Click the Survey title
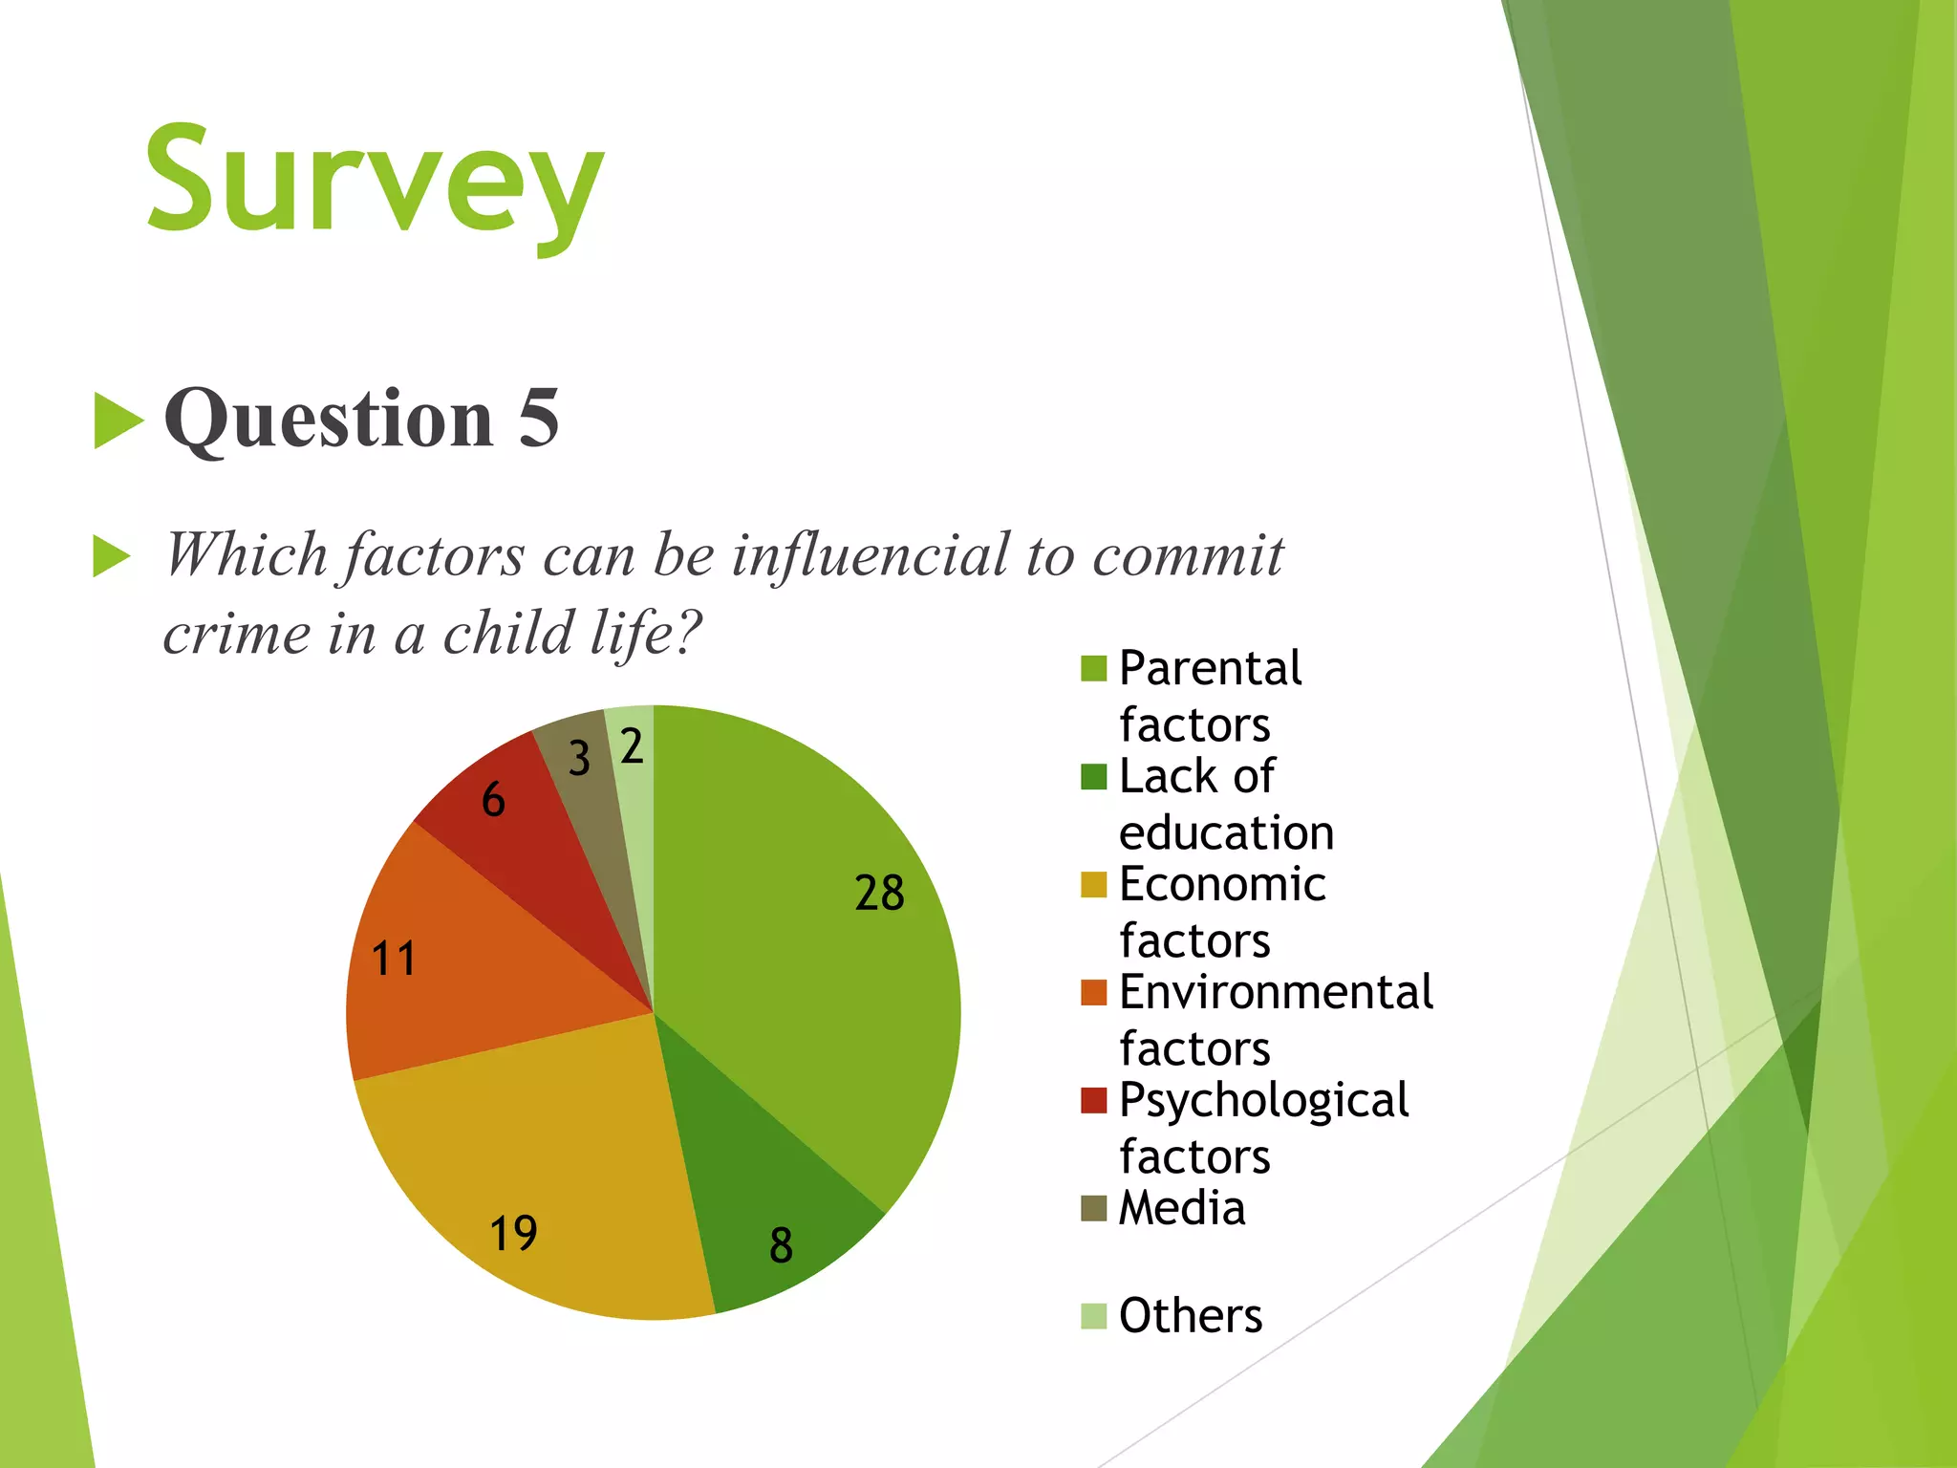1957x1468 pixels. (x=375, y=182)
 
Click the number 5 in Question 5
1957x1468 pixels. (x=539, y=419)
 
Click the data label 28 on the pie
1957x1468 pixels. (x=879, y=893)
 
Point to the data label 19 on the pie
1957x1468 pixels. (x=513, y=1233)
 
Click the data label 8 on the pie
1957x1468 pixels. (x=781, y=1245)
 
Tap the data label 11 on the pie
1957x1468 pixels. (x=394, y=959)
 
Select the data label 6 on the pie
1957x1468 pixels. (x=493, y=799)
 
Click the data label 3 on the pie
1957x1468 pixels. (x=579, y=759)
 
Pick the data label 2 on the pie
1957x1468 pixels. (x=632, y=746)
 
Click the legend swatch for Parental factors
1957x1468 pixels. (x=1093, y=668)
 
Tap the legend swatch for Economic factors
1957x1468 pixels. (x=1093, y=884)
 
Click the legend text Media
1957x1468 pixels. (x=1182, y=1208)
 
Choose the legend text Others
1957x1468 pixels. (x=1191, y=1316)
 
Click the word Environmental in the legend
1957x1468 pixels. (x=1276, y=992)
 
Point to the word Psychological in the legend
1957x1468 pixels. (x=1263, y=1101)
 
